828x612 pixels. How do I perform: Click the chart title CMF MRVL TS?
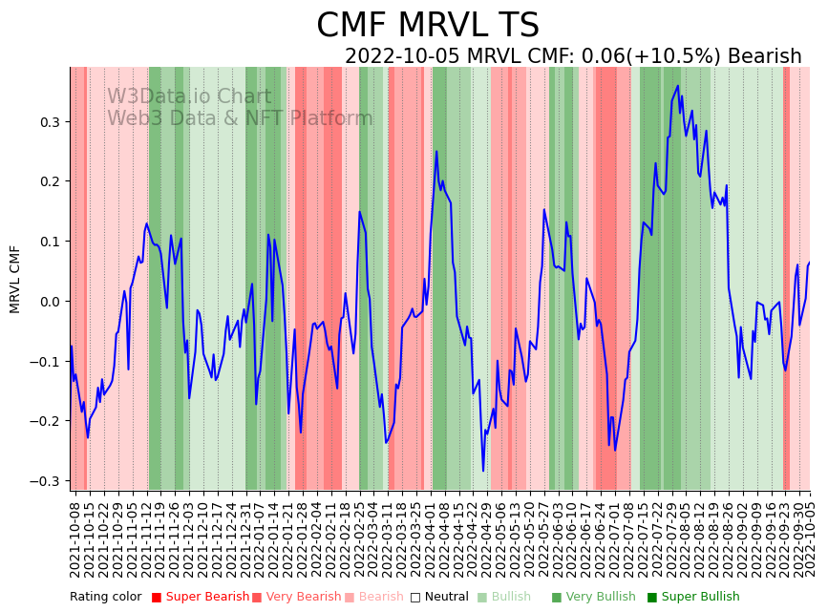[x=428, y=26]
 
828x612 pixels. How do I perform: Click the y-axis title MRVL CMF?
[x=15, y=279]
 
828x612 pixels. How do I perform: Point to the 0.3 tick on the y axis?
[x=50, y=122]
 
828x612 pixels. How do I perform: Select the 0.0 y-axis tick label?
[x=50, y=302]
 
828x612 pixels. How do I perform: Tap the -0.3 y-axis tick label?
[x=46, y=481]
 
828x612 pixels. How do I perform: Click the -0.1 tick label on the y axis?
[x=46, y=362]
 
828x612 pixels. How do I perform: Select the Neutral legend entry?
[x=441, y=598]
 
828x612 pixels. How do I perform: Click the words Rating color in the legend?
[x=105, y=598]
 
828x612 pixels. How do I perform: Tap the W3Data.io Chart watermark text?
[x=188, y=96]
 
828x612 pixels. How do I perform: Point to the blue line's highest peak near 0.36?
[x=678, y=86]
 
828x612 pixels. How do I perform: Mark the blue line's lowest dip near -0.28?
[x=483, y=471]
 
